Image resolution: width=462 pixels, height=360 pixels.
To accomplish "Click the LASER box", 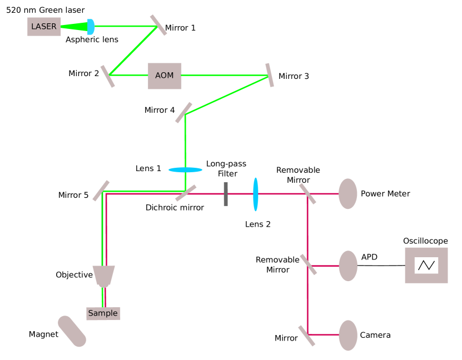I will (44, 27).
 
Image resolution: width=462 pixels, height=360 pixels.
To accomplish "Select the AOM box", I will (165, 76).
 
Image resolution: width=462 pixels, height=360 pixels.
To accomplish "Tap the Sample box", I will (103, 313).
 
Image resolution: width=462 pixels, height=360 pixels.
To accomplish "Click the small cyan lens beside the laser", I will (91, 27).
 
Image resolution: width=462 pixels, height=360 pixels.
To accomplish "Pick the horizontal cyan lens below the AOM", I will (186, 170).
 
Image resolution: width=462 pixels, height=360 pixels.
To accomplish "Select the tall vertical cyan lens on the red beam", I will (256, 194).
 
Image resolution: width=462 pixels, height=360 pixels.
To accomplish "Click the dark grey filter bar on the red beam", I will (226, 194).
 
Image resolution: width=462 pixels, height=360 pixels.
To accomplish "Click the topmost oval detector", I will (347, 194).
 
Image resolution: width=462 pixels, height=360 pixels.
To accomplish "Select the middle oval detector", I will (347, 266).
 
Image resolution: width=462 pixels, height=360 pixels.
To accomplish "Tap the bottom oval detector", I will (347, 335).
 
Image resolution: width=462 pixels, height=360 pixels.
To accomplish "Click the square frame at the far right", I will (426, 265).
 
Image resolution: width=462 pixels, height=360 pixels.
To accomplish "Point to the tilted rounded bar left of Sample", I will (72, 331).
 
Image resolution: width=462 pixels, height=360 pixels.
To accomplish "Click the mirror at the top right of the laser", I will (158, 25).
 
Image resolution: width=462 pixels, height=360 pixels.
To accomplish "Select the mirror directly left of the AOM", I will (108, 76).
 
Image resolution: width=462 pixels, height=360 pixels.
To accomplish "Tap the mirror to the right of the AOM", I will (270, 75).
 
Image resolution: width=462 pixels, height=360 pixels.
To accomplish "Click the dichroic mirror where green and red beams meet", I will (186, 193).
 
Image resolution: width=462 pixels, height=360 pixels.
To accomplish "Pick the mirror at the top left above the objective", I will (101, 191).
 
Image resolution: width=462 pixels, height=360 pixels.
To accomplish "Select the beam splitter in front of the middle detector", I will (308, 264).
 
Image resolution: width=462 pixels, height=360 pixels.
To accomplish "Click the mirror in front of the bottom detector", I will (307, 336).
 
